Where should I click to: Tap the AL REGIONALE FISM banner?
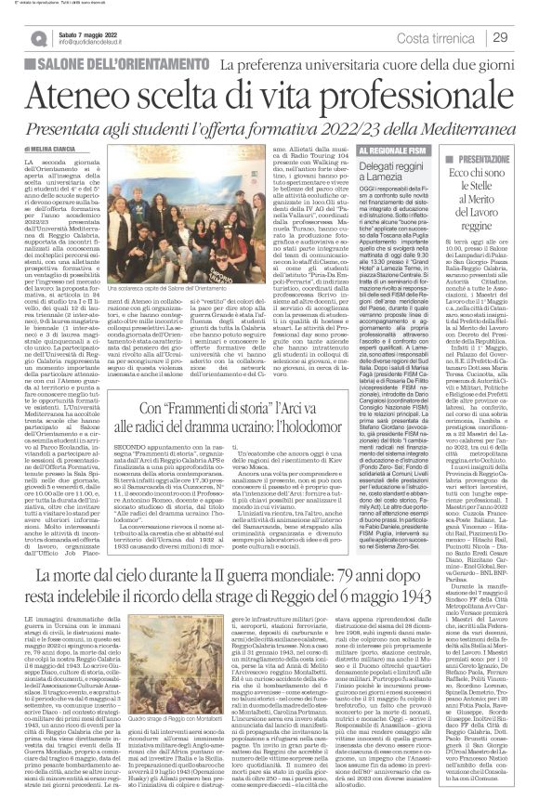(x=378, y=149)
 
